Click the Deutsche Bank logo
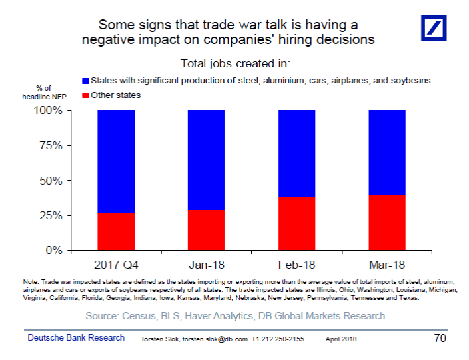point(434,28)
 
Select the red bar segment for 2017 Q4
point(116,232)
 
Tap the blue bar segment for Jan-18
point(206,160)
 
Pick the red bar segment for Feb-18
point(297,223)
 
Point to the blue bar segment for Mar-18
point(387,153)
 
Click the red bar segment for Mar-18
point(387,223)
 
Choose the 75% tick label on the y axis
point(51,145)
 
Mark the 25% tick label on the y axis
point(51,215)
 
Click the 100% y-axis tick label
point(48,110)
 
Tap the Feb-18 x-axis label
point(296,265)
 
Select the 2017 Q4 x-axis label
point(116,265)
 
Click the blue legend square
point(85,81)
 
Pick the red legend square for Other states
point(85,95)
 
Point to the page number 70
point(440,338)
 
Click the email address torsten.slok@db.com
point(215,339)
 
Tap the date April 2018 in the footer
point(341,339)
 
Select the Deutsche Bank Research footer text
point(76,337)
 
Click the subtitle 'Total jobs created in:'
point(236,64)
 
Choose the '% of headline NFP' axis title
point(44,93)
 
